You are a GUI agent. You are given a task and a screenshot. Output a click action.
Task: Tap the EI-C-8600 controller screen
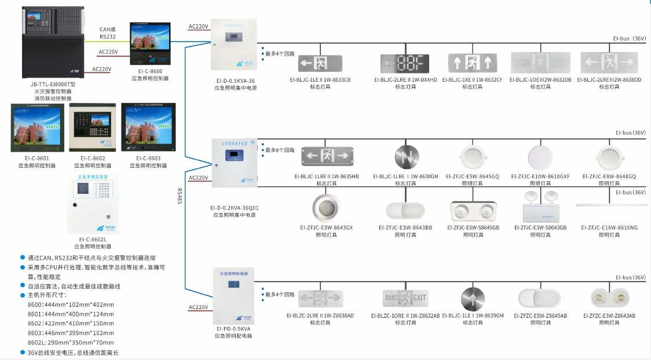(150, 44)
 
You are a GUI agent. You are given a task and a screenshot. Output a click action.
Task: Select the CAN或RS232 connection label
(108, 33)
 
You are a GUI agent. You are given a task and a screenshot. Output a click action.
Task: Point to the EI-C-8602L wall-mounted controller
(92, 203)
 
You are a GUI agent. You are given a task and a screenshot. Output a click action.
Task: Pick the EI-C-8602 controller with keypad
(93, 127)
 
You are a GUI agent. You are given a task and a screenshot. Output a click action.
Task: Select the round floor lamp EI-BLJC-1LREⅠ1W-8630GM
(405, 157)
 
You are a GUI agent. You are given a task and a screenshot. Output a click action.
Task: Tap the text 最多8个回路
(280, 150)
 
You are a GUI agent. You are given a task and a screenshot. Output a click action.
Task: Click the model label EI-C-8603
(149, 158)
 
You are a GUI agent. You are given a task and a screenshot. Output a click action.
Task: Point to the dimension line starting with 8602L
(71, 343)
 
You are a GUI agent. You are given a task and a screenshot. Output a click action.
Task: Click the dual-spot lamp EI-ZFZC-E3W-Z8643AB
(609, 297)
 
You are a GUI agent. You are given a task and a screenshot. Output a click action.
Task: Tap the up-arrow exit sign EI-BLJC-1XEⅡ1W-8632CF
(472, 63)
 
